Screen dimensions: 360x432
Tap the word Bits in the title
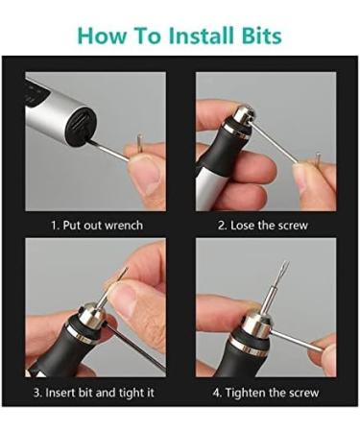262,36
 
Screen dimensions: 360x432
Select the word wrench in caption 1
124,226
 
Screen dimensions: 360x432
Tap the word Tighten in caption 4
244,393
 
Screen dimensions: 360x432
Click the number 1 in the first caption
54,226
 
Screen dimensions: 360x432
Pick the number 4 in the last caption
216,393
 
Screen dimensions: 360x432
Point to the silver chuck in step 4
257,325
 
